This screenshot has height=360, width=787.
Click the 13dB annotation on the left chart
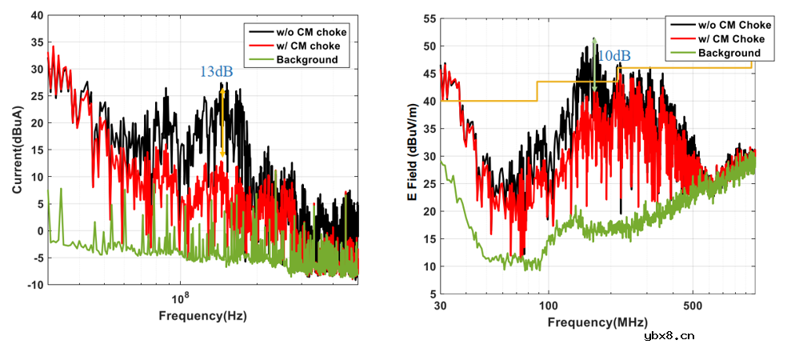point(216,72)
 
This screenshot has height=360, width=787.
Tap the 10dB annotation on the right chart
point(614,56)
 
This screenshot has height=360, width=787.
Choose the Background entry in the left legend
point(307,58)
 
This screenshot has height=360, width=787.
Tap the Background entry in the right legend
point(729,53)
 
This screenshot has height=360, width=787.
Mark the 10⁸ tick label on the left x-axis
point(181,297)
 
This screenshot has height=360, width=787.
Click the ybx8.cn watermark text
point(669,336)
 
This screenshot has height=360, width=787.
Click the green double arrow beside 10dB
point(593,64)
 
